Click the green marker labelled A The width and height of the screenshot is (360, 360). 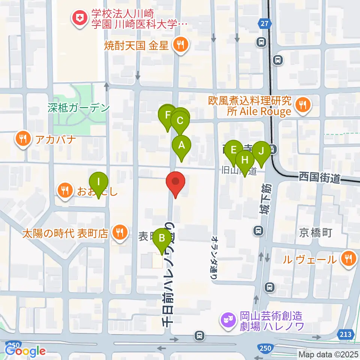coord(181,145)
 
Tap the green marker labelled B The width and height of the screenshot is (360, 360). coord(162,238)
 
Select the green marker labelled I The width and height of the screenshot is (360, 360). coord(99,182)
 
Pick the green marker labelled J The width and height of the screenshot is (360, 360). coord(261,151)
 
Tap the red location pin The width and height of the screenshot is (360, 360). coord(175,182)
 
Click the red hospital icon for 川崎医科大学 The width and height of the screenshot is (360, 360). coord(79,18)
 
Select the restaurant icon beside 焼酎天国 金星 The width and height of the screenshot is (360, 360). coord(181,45)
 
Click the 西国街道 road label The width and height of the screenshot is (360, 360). coord(319,178)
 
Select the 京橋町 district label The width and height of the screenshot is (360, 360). coord(315,233)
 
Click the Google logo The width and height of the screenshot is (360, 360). coord(25,351)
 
